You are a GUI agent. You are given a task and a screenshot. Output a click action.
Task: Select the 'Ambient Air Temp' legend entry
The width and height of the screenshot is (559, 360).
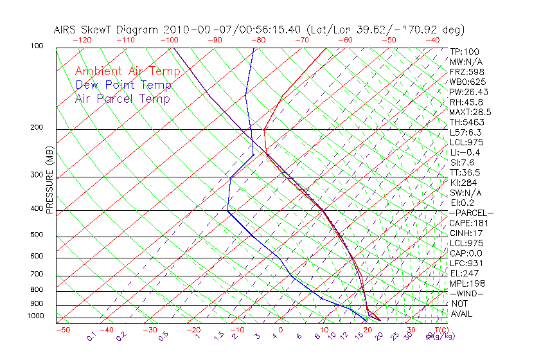[x=128, y=71]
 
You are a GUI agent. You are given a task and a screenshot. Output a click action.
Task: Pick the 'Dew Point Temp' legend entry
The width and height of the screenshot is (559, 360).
[x=123, y=85]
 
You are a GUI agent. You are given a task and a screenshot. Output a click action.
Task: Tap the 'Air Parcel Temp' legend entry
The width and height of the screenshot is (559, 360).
[x=123, y=98]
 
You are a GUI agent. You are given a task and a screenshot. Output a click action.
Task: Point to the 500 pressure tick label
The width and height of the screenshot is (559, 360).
[x=37, y=235]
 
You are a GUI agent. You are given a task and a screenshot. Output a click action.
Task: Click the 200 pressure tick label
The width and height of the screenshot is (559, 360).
[x=37, y=128]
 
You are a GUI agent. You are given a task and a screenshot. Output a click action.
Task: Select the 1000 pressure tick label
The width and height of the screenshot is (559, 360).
[x=35, y=316]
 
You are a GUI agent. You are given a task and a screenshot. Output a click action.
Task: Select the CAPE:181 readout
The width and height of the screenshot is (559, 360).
[x=468, y=223]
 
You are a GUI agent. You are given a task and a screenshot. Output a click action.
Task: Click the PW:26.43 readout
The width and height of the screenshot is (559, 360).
[x=468, y=92]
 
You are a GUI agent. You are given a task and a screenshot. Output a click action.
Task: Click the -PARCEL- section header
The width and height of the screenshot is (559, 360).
[x=471, y=213]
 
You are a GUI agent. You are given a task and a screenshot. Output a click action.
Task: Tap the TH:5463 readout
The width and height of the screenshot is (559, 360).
[x=467, y=122]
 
